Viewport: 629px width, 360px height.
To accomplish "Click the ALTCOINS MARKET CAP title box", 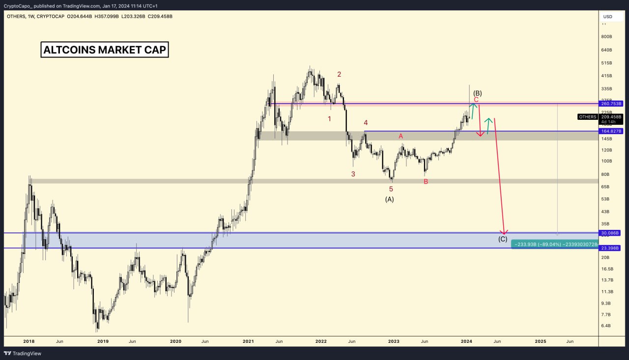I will [105, 50].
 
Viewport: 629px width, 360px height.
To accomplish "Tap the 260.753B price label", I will [611, 104].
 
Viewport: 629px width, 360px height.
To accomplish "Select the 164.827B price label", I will [611, 131].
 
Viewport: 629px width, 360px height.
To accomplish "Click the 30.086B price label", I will [611, 233].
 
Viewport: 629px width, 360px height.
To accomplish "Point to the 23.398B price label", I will [611, 248].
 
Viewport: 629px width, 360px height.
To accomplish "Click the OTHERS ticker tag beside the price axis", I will [588, 117].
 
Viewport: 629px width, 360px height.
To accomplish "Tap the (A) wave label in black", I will [389, 199].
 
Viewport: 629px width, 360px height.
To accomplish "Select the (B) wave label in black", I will [477, 93].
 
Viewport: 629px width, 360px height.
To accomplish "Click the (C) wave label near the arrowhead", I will [503, 239].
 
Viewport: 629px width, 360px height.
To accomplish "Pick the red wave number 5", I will [391, 189].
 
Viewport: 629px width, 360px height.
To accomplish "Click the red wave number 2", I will [339, 74].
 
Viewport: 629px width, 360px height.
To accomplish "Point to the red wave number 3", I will [353, 174].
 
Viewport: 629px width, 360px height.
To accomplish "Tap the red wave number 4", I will [366, 122].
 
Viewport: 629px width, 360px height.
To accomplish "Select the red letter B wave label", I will [426, 182].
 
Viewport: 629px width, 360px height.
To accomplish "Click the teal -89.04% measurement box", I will [555, 244].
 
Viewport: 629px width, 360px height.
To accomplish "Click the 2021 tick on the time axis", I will [249, 341].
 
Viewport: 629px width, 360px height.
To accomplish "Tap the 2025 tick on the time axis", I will [540, 341].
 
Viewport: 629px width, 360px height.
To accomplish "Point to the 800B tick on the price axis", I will [606, 37].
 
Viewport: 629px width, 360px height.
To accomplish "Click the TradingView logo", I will [23, 353].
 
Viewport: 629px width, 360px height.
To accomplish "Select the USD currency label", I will [608, 17].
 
